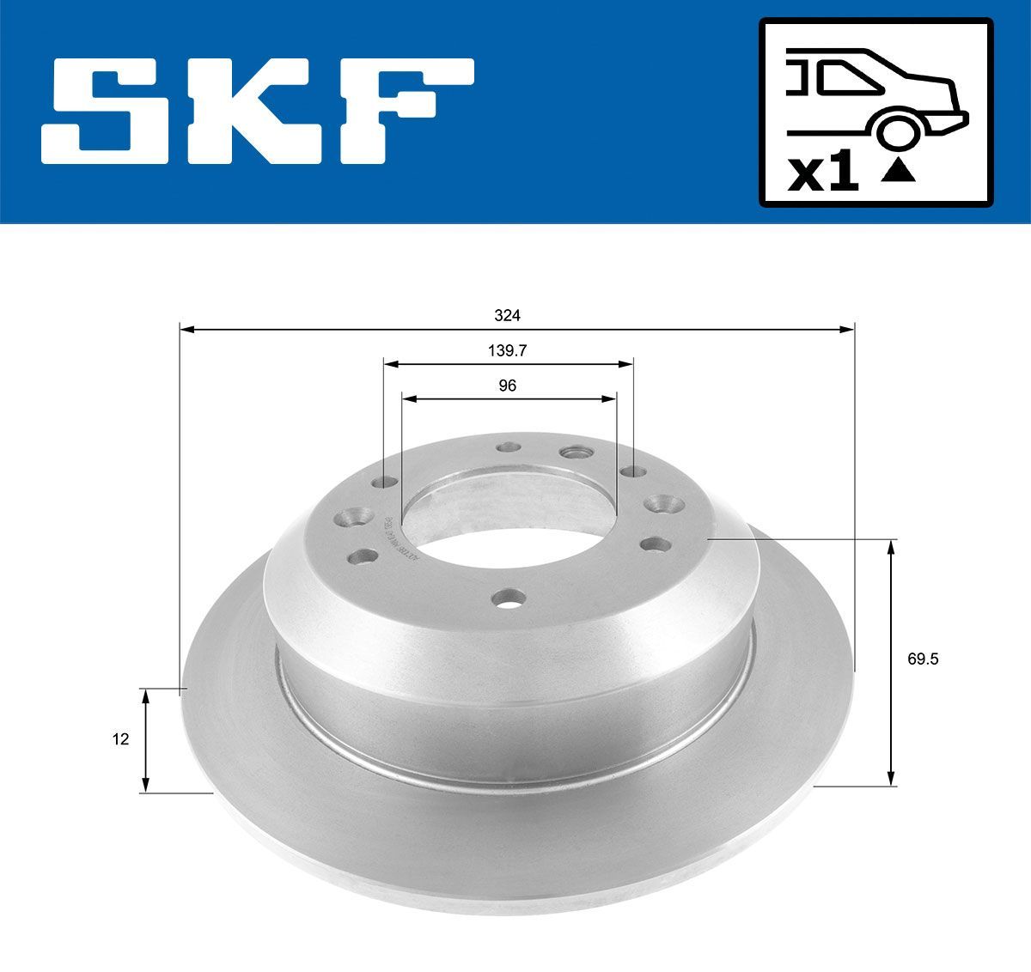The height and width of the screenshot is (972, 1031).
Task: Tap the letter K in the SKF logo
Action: pos(263,111)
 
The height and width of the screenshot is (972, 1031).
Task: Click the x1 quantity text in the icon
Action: pos(823,175)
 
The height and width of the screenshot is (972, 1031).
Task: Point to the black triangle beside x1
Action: pos(898,171)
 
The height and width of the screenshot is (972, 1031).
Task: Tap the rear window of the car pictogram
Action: pos(851,78)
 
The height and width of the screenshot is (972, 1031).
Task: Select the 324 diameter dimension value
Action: pos(507,316)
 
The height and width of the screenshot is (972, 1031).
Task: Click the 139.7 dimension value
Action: pos(507,351)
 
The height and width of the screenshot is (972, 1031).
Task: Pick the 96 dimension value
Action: pos(508,386)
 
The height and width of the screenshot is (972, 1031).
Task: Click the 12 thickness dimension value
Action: pos(121,738)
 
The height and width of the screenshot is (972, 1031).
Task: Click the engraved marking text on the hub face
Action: pos(396,540)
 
